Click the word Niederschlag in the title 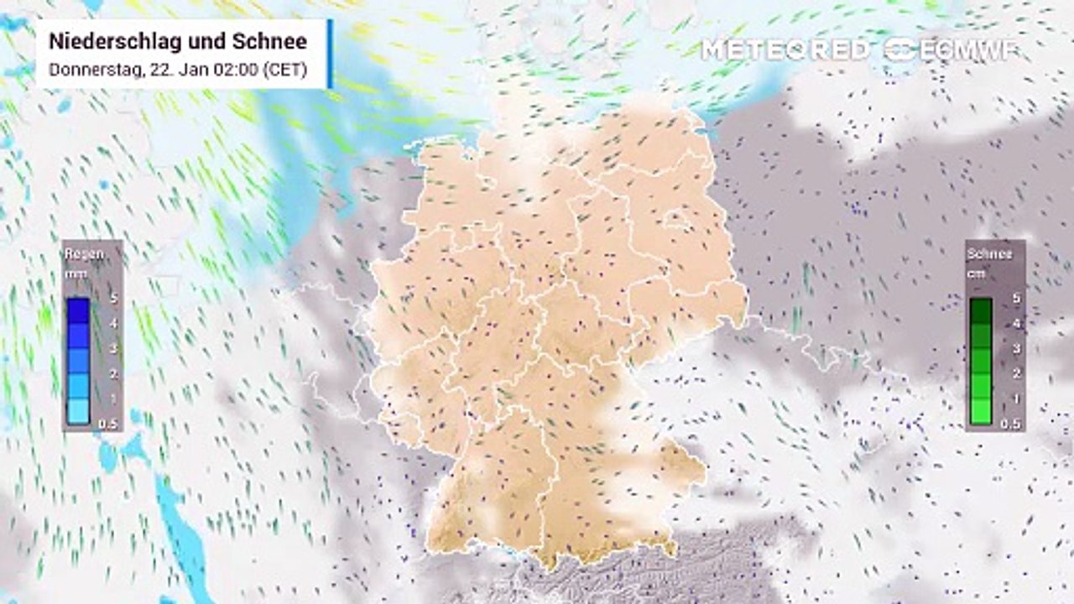pyautogui.click(x=113, y=41)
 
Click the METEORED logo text pyautogui.click(x=785, y=49)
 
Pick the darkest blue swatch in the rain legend pyautogui.click(x=78, y=310)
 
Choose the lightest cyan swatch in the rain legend pyautogui.click(x=78, y=411)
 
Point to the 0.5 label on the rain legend pyautogui.click(x=107, y=424)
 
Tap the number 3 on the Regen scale pyautogui.click(x=112, y=348)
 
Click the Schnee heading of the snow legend pyautogui.click(x=989, y=254)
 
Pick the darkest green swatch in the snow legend pyautogui.click(x=981, y=310)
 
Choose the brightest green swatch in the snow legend pyautogui.click(x=981, y=411)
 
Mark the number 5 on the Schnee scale pyautogui.click(x=1016, y=298)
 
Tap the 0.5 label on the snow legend pyautogui.click(x=1010, y=424)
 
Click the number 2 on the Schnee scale pyautogui.click(x=1016, y=373)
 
